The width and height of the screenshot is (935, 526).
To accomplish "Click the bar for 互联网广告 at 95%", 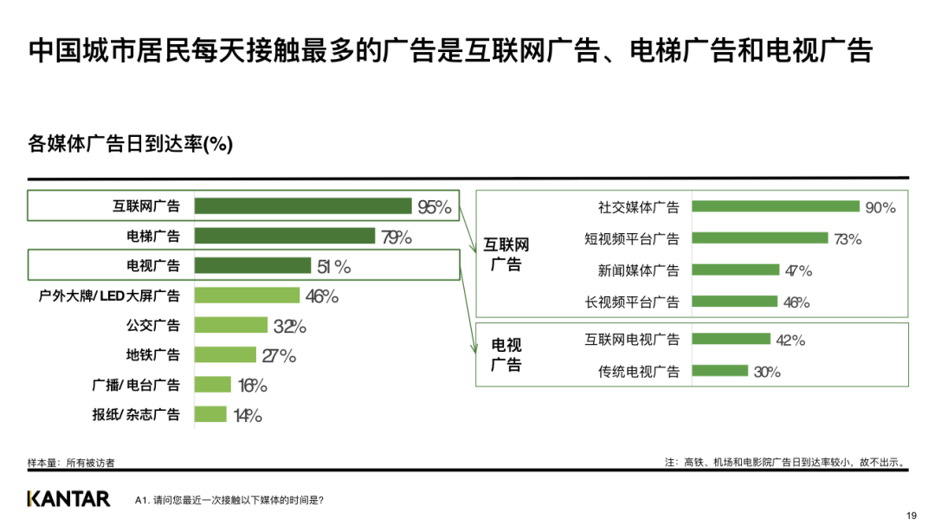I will click(302, 206).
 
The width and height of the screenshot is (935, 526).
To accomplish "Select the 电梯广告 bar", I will click(284, 236).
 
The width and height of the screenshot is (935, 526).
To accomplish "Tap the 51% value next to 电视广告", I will click(333, 267).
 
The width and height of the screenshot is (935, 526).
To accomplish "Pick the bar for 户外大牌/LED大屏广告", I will click(247, 295).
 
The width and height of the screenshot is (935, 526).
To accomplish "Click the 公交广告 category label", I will click(153, 326).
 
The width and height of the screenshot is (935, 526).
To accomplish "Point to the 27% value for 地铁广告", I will click(279, 356).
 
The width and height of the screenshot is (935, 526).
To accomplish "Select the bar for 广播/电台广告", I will click(213, 385).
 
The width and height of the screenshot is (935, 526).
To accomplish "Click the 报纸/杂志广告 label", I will click(136, 414).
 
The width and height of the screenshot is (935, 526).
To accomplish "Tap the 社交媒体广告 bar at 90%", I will click(776, 207).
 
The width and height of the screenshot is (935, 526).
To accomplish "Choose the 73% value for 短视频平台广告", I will click(848, 239).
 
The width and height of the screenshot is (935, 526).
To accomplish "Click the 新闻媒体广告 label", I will click(639, 270).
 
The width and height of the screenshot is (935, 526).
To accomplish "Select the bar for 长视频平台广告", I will click(735, 302).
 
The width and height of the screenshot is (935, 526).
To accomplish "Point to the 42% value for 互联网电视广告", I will click(790, 340).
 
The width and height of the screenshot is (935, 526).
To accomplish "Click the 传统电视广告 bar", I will click(720, 371).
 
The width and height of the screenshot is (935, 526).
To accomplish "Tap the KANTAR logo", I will click(68, 499).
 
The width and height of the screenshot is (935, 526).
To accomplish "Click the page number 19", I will click(911, 516).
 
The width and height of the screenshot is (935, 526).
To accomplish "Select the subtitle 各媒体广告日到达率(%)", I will click(131, 144).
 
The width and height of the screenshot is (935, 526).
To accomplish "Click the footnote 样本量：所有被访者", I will click(71, 463).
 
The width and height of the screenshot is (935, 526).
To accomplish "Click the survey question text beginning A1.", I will click(229, 500).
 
